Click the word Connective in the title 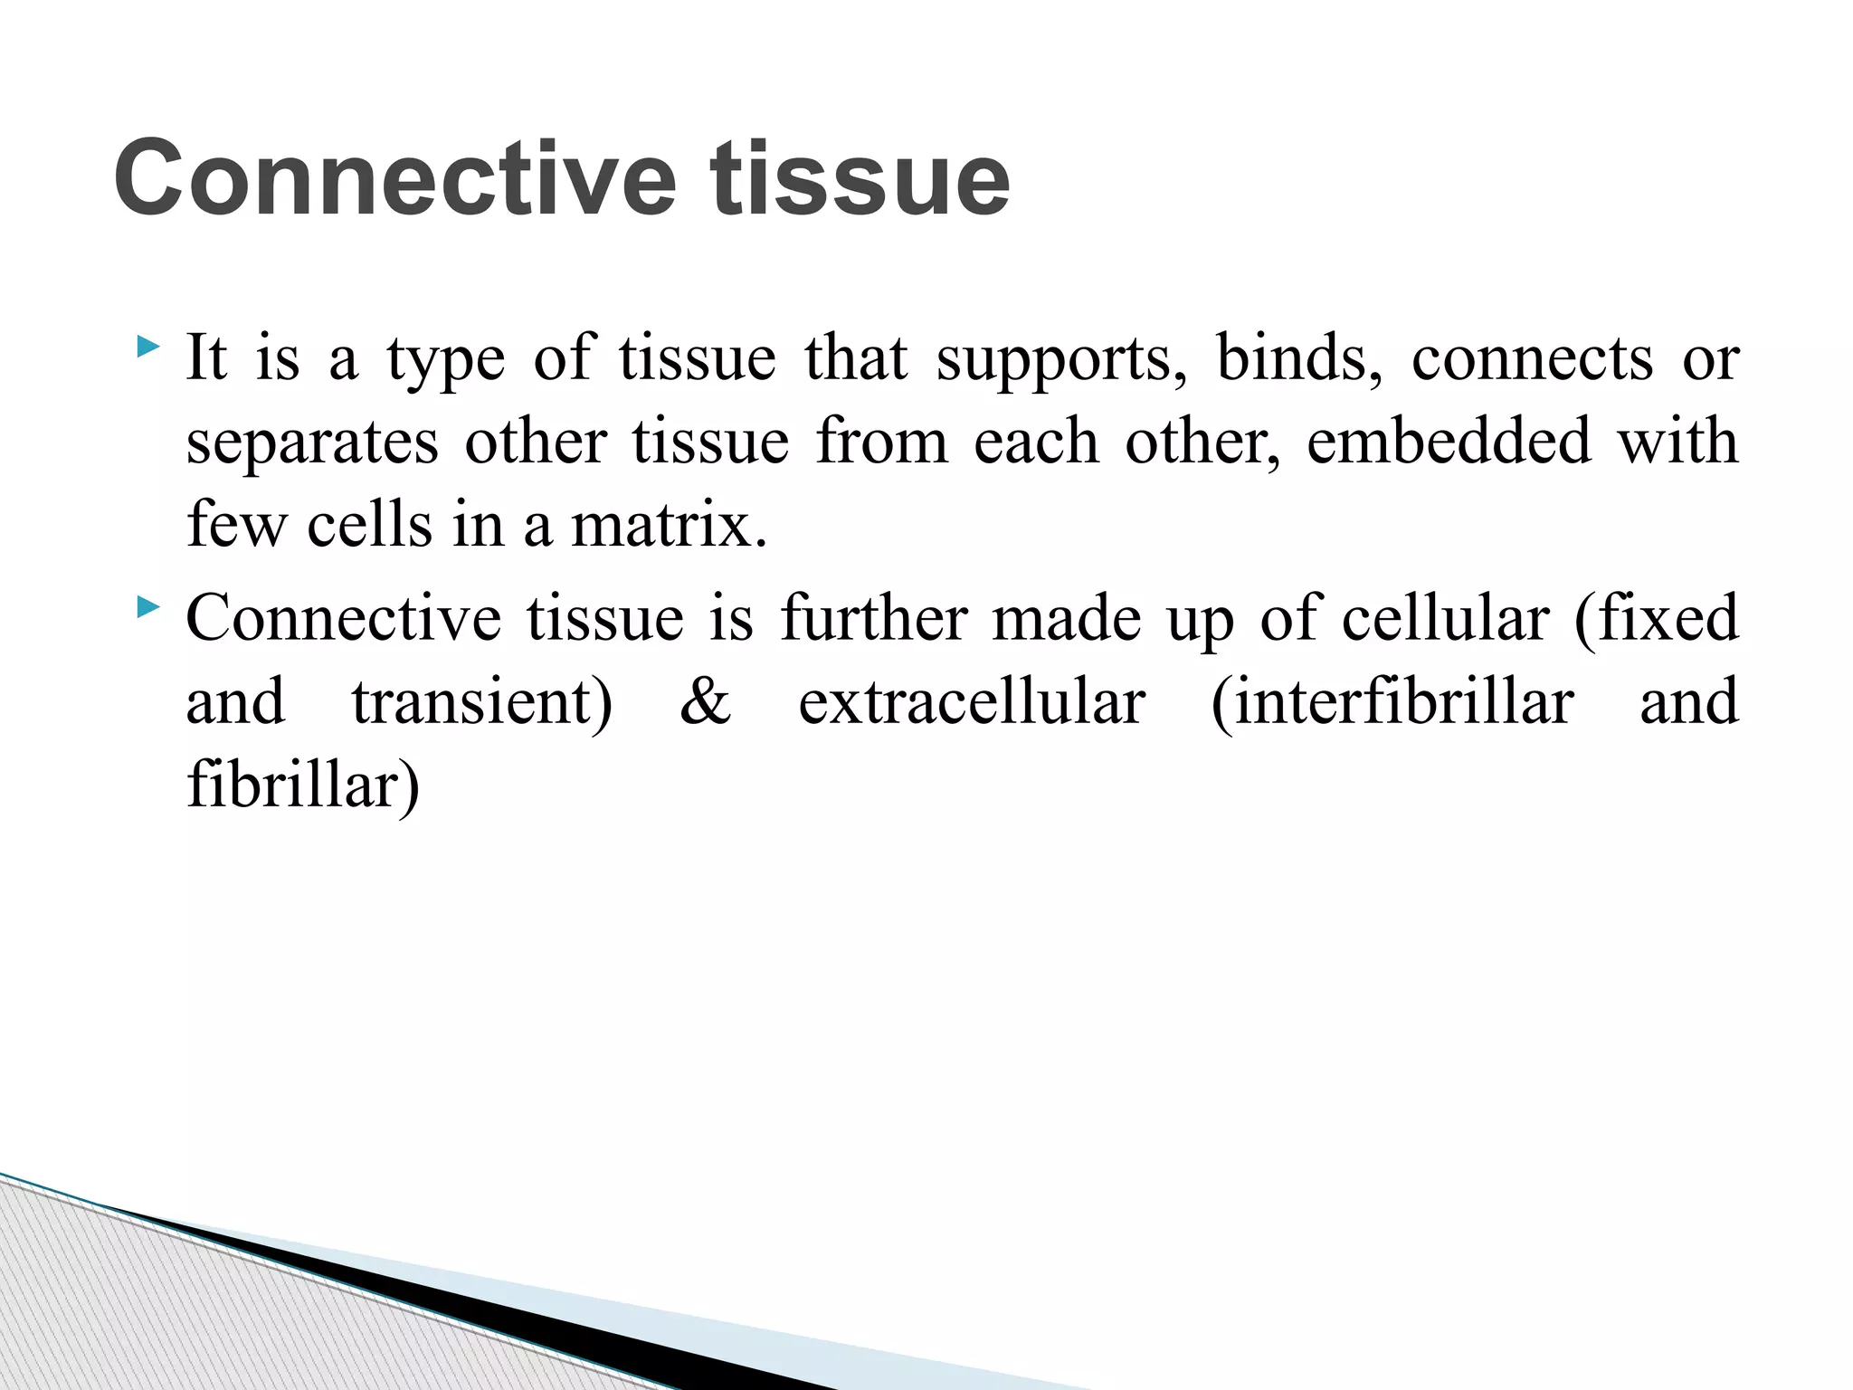coord(394,179)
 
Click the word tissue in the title coord(860,179)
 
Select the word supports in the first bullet coord(1061,360)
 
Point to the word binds coord(1298,358)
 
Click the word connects coord(1532,360)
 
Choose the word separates coord(312,443)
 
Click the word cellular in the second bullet coord(1445,619)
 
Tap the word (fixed coord(1656,619)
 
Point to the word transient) coord(481,702)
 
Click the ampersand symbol coord(705,702)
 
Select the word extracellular coord(972,702)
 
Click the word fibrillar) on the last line coord(303,785)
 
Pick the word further coord(874,619)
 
